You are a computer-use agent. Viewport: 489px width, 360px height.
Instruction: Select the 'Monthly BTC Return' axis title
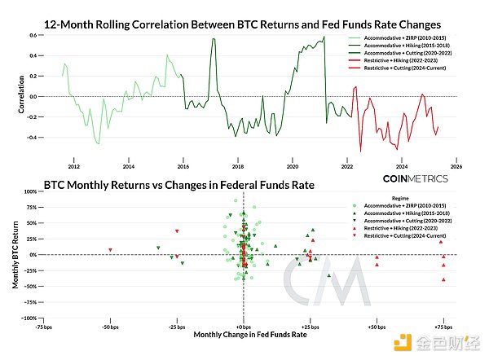pos(16,255)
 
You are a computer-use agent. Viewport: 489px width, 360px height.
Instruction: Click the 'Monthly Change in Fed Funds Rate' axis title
pos(243,334)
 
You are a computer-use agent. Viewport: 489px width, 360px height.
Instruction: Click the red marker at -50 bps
pos(110,250)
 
